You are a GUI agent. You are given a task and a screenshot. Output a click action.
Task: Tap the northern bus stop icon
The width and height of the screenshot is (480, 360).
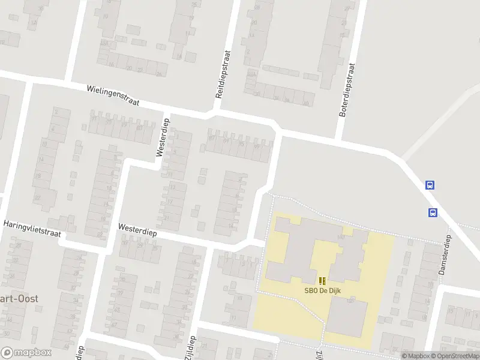[x=430, y=185]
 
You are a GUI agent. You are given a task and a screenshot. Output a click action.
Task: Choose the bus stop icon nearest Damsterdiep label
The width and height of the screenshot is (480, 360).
[x=433, y=212]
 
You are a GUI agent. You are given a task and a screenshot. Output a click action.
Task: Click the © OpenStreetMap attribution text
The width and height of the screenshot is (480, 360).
[x=456, y=356]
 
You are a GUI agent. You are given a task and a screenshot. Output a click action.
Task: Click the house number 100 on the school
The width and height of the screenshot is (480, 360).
[x=341, y=238]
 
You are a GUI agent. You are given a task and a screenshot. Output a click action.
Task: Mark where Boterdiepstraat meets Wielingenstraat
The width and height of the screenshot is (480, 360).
[x=340, y=139]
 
